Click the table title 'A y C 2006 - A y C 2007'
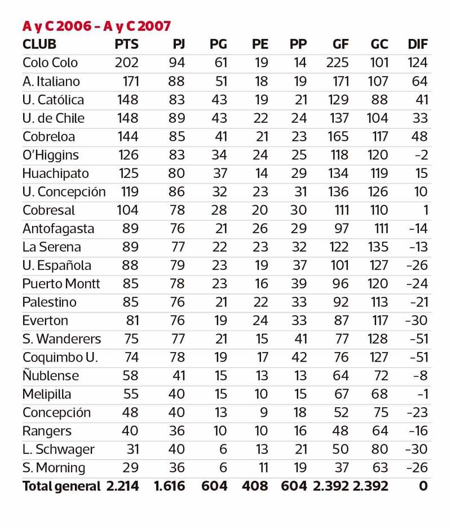click(96, 26)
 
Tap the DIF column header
click(417, 44)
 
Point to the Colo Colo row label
click(50, 63)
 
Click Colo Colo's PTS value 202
click(126, 63)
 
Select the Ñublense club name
click(51, 376)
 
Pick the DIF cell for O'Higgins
click(420, 155)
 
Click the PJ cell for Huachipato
click(176, 173)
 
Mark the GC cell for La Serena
click(378, 247)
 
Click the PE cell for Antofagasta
click(261, 229)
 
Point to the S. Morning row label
click(54, 468)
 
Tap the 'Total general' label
click(61, 486)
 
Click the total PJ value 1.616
click(169, 486)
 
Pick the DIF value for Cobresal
click(424, 210)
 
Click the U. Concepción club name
click(64, 192)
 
